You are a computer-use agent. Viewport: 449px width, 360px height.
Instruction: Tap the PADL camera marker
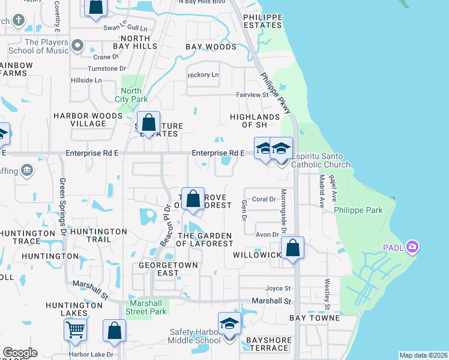[412, 247]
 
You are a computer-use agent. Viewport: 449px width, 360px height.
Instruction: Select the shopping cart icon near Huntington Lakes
[75, 329]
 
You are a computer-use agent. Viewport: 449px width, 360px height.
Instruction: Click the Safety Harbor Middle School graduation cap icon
[229, 324]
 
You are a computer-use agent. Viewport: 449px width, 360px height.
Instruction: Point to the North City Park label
[131, 95]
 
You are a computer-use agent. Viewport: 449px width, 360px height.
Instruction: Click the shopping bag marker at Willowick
[292, 248]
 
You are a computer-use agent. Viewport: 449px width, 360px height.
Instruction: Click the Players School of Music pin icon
[77, 46]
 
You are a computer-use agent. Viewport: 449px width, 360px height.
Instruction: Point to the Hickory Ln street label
[203, 75]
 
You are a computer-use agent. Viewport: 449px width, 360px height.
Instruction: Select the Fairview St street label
[252, 95]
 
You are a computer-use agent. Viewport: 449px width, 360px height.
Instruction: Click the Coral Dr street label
[264, 199]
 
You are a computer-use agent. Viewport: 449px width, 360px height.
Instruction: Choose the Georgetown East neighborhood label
[159, 269]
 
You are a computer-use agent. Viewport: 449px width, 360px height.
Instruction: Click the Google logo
[20, 353]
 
